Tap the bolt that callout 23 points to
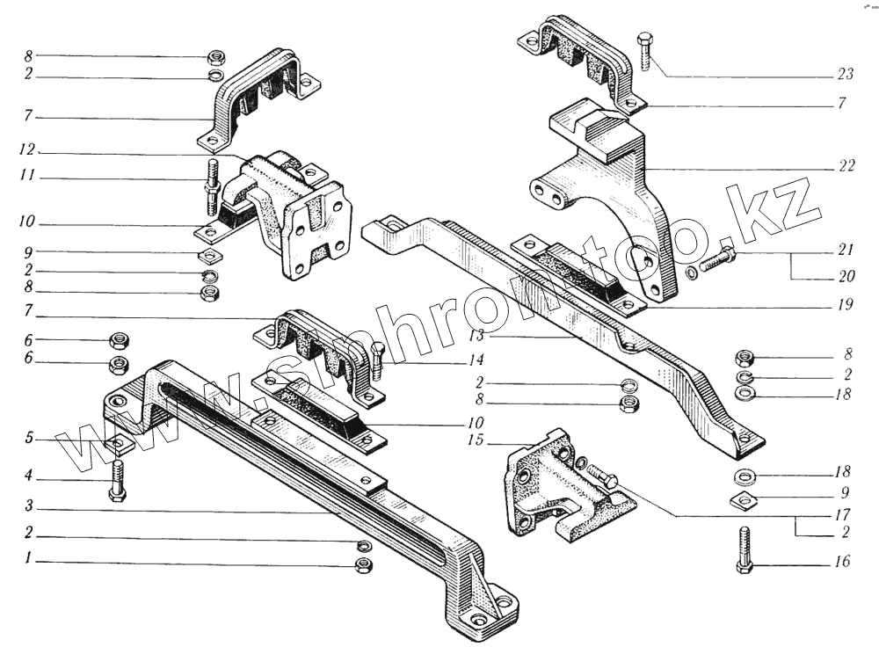643,52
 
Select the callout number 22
846,167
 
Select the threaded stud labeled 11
213,187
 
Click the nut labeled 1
363,565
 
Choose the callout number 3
28,506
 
